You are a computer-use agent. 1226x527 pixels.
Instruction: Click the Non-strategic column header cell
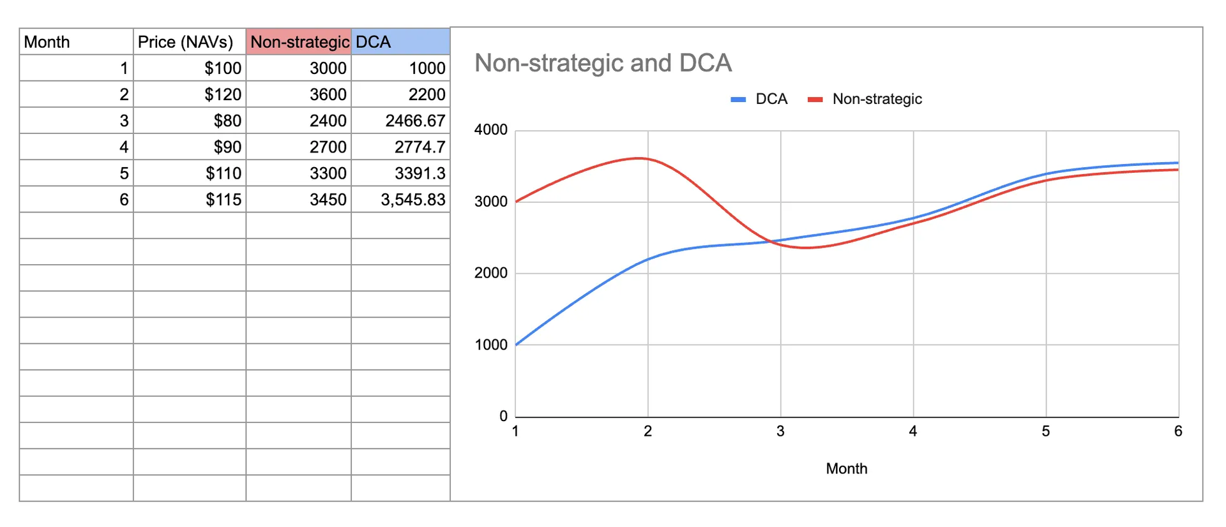(299, 42)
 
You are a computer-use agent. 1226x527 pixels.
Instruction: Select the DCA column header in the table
(400, 42)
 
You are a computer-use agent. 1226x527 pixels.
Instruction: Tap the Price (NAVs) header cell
(189, 42)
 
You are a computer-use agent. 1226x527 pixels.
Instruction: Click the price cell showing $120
(190, 94)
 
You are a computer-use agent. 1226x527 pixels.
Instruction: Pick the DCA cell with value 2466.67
(401, 121)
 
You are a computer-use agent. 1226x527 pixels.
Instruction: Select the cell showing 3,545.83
(401, 200)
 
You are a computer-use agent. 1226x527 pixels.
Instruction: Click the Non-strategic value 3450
(299, 200)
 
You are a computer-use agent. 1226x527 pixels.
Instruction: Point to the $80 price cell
(190, 121)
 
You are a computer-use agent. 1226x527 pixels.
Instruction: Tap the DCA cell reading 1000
(401, 68)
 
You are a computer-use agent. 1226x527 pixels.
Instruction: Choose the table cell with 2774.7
(401, 147)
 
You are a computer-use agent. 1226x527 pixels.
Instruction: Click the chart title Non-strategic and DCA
(603, 63)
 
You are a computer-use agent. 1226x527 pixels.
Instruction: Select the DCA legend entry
(760, 99)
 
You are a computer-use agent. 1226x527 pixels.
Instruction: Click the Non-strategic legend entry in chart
(866, 99)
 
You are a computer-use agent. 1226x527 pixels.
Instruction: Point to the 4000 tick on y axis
(490, 130)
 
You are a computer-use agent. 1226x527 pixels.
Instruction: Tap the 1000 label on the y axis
(490, 345)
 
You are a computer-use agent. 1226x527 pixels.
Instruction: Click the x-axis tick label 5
(1046, 431)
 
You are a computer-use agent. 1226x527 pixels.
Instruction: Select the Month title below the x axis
(847, 469)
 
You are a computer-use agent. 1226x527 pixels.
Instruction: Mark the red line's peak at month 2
(640, 158)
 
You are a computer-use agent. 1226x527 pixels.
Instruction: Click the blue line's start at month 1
(516, 345)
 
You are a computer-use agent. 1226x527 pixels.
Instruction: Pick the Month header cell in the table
(76, 42)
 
